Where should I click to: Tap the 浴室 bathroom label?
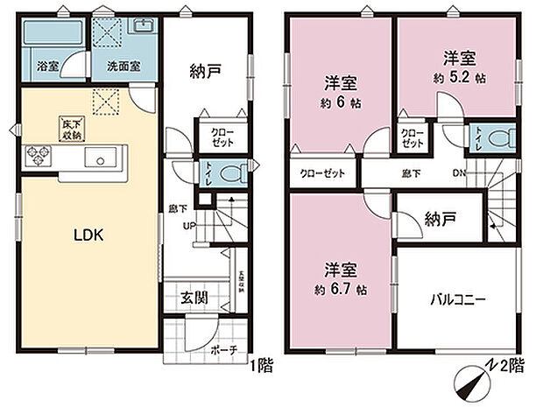pos(46,66)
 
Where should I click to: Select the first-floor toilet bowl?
pos(231,172)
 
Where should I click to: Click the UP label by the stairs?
pos(189,226)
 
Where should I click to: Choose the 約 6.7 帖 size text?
pos(337,290)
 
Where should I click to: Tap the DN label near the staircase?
pos(459,172)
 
